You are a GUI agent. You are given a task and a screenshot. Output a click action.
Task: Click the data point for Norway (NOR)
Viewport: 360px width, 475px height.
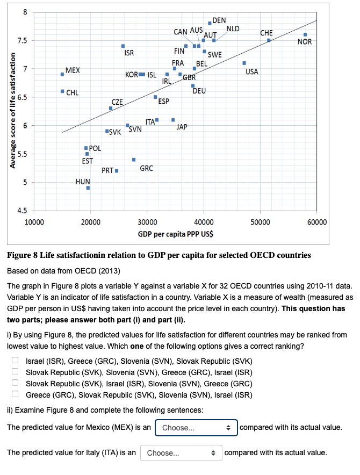[305, 34]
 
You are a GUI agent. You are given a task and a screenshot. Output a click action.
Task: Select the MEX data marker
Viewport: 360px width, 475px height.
[62, 74]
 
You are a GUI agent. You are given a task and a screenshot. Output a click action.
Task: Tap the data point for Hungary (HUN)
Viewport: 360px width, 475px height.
[88, 188]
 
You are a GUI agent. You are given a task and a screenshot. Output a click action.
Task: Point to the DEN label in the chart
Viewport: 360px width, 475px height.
[219, 20]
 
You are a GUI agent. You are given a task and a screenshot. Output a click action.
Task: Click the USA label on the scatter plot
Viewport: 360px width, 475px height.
[251, 71]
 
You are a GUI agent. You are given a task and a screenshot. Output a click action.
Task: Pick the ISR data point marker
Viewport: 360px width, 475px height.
[123, 46]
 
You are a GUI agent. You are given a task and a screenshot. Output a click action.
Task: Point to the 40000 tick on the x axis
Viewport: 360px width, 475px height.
[203, 222]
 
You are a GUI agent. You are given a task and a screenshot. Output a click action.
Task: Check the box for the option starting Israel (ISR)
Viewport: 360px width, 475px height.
[16, 361]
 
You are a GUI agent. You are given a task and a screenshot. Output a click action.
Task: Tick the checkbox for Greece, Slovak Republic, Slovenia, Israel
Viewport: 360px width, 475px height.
[16, 394]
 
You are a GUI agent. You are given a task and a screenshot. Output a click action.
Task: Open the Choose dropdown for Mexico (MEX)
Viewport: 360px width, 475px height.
[196, 428]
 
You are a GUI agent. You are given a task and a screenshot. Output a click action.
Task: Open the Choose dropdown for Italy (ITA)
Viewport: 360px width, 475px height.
[181, 453]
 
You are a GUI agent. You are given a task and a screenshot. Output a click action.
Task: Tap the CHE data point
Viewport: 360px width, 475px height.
[269, 40]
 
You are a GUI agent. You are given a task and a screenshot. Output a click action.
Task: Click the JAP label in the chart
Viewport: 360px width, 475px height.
[182, 127]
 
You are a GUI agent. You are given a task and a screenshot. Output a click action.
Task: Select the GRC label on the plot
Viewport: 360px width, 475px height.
[146, 168]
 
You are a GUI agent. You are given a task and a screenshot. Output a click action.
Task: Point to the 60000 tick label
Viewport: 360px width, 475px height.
[316, 222]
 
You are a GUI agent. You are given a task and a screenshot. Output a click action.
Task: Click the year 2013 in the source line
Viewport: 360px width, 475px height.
[108, 269]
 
